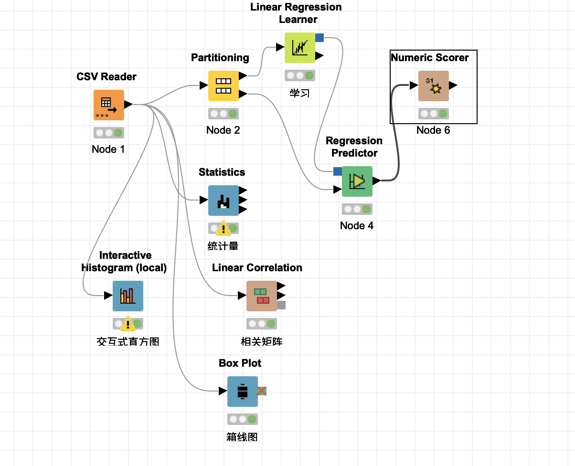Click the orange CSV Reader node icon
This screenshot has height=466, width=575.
click(x=108, y=105)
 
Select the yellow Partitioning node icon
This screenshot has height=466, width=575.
click(x=223, y=86)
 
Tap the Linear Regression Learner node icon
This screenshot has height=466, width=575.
click(x=299, y=48)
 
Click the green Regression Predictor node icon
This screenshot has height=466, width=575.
click(x=357, y=181)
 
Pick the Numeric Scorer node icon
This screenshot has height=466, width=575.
click(x=433, y=86)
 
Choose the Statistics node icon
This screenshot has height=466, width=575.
click(x=223, y=201)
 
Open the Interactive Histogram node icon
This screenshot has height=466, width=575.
click(x=128, y=296)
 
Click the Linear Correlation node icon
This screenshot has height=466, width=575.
click(x=261, y=296)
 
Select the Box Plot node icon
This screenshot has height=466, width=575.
click(x=242, y=392)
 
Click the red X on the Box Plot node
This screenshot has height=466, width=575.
click(x=261, y=392)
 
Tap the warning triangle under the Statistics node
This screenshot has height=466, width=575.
click(x=223, y=229)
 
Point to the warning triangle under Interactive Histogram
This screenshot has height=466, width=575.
click(x=128, y=325)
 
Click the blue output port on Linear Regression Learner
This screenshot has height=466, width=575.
click(x=319, y=38)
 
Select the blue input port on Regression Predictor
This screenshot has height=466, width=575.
click(x=337, y=171)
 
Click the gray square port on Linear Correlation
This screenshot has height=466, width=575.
click(x=281, y=305)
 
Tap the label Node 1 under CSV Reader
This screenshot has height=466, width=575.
click(x=108, y=149)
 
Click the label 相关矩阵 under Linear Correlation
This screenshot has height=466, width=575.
click(x=261, y=341)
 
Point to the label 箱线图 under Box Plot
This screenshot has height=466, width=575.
click(x=242, y=437)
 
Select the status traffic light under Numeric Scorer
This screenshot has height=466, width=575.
click(x=433, y=114)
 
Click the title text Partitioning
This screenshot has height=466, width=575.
click(x=220, y=58)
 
